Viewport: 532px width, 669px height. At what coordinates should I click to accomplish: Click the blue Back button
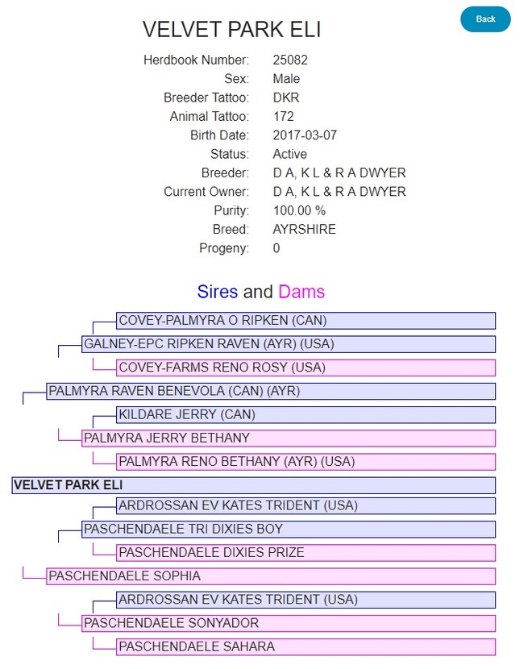pyautogui.click(x=485, y=19)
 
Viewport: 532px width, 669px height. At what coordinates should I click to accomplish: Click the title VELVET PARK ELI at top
pyautogui.click(x=231, y=30)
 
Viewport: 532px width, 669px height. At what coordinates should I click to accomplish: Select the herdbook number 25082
pyautogui.click(x=290, y=60)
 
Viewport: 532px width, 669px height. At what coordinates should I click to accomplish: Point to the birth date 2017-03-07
pyautogui.click(x=305, y=135)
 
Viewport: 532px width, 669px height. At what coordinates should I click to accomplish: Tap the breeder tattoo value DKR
pyautogui.click(x=286, y=98)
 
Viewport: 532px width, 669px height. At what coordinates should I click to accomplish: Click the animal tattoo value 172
pyautogui.click(x=283, y=116)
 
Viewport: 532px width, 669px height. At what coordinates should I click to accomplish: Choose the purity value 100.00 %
pyautogui.click(x=299, y=210)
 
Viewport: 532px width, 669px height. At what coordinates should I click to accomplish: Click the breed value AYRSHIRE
pyautogui.click(x=304, y=229)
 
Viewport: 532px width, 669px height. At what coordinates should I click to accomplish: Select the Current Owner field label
pyautogui.click(x=206, y=192)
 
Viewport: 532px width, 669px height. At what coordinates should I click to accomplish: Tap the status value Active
pyautogui.click(x=289, y=154)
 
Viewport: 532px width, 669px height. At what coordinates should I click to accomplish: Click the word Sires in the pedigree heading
pyautogui.click(x=218, y=291)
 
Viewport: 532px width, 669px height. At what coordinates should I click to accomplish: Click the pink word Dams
pyautogui.click(x=301, y=291)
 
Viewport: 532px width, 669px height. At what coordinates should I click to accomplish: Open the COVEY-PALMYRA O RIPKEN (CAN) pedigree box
pyautogui.click(x=305, y=321)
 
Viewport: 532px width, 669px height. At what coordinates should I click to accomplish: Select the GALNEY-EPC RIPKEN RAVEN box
pyautogui.click(x=288, y=344)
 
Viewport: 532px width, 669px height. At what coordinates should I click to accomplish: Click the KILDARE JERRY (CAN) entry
pyautogui.click(x=305, y=415)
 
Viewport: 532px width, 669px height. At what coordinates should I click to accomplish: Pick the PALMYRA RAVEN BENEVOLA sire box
pyautogui.click(x=270, y=392)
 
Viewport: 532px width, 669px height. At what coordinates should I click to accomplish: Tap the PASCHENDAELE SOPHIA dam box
pyautogui.click(x=270, y=576)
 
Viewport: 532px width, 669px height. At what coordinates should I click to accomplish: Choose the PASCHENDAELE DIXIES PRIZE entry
pyautogui.click(x=305, y=553)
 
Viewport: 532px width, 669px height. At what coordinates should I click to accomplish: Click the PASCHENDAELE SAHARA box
pyautogui.click(x=305, y=646)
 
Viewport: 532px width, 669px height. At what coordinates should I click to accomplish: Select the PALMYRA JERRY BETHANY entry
pyautogui.click(x=288, y=438)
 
